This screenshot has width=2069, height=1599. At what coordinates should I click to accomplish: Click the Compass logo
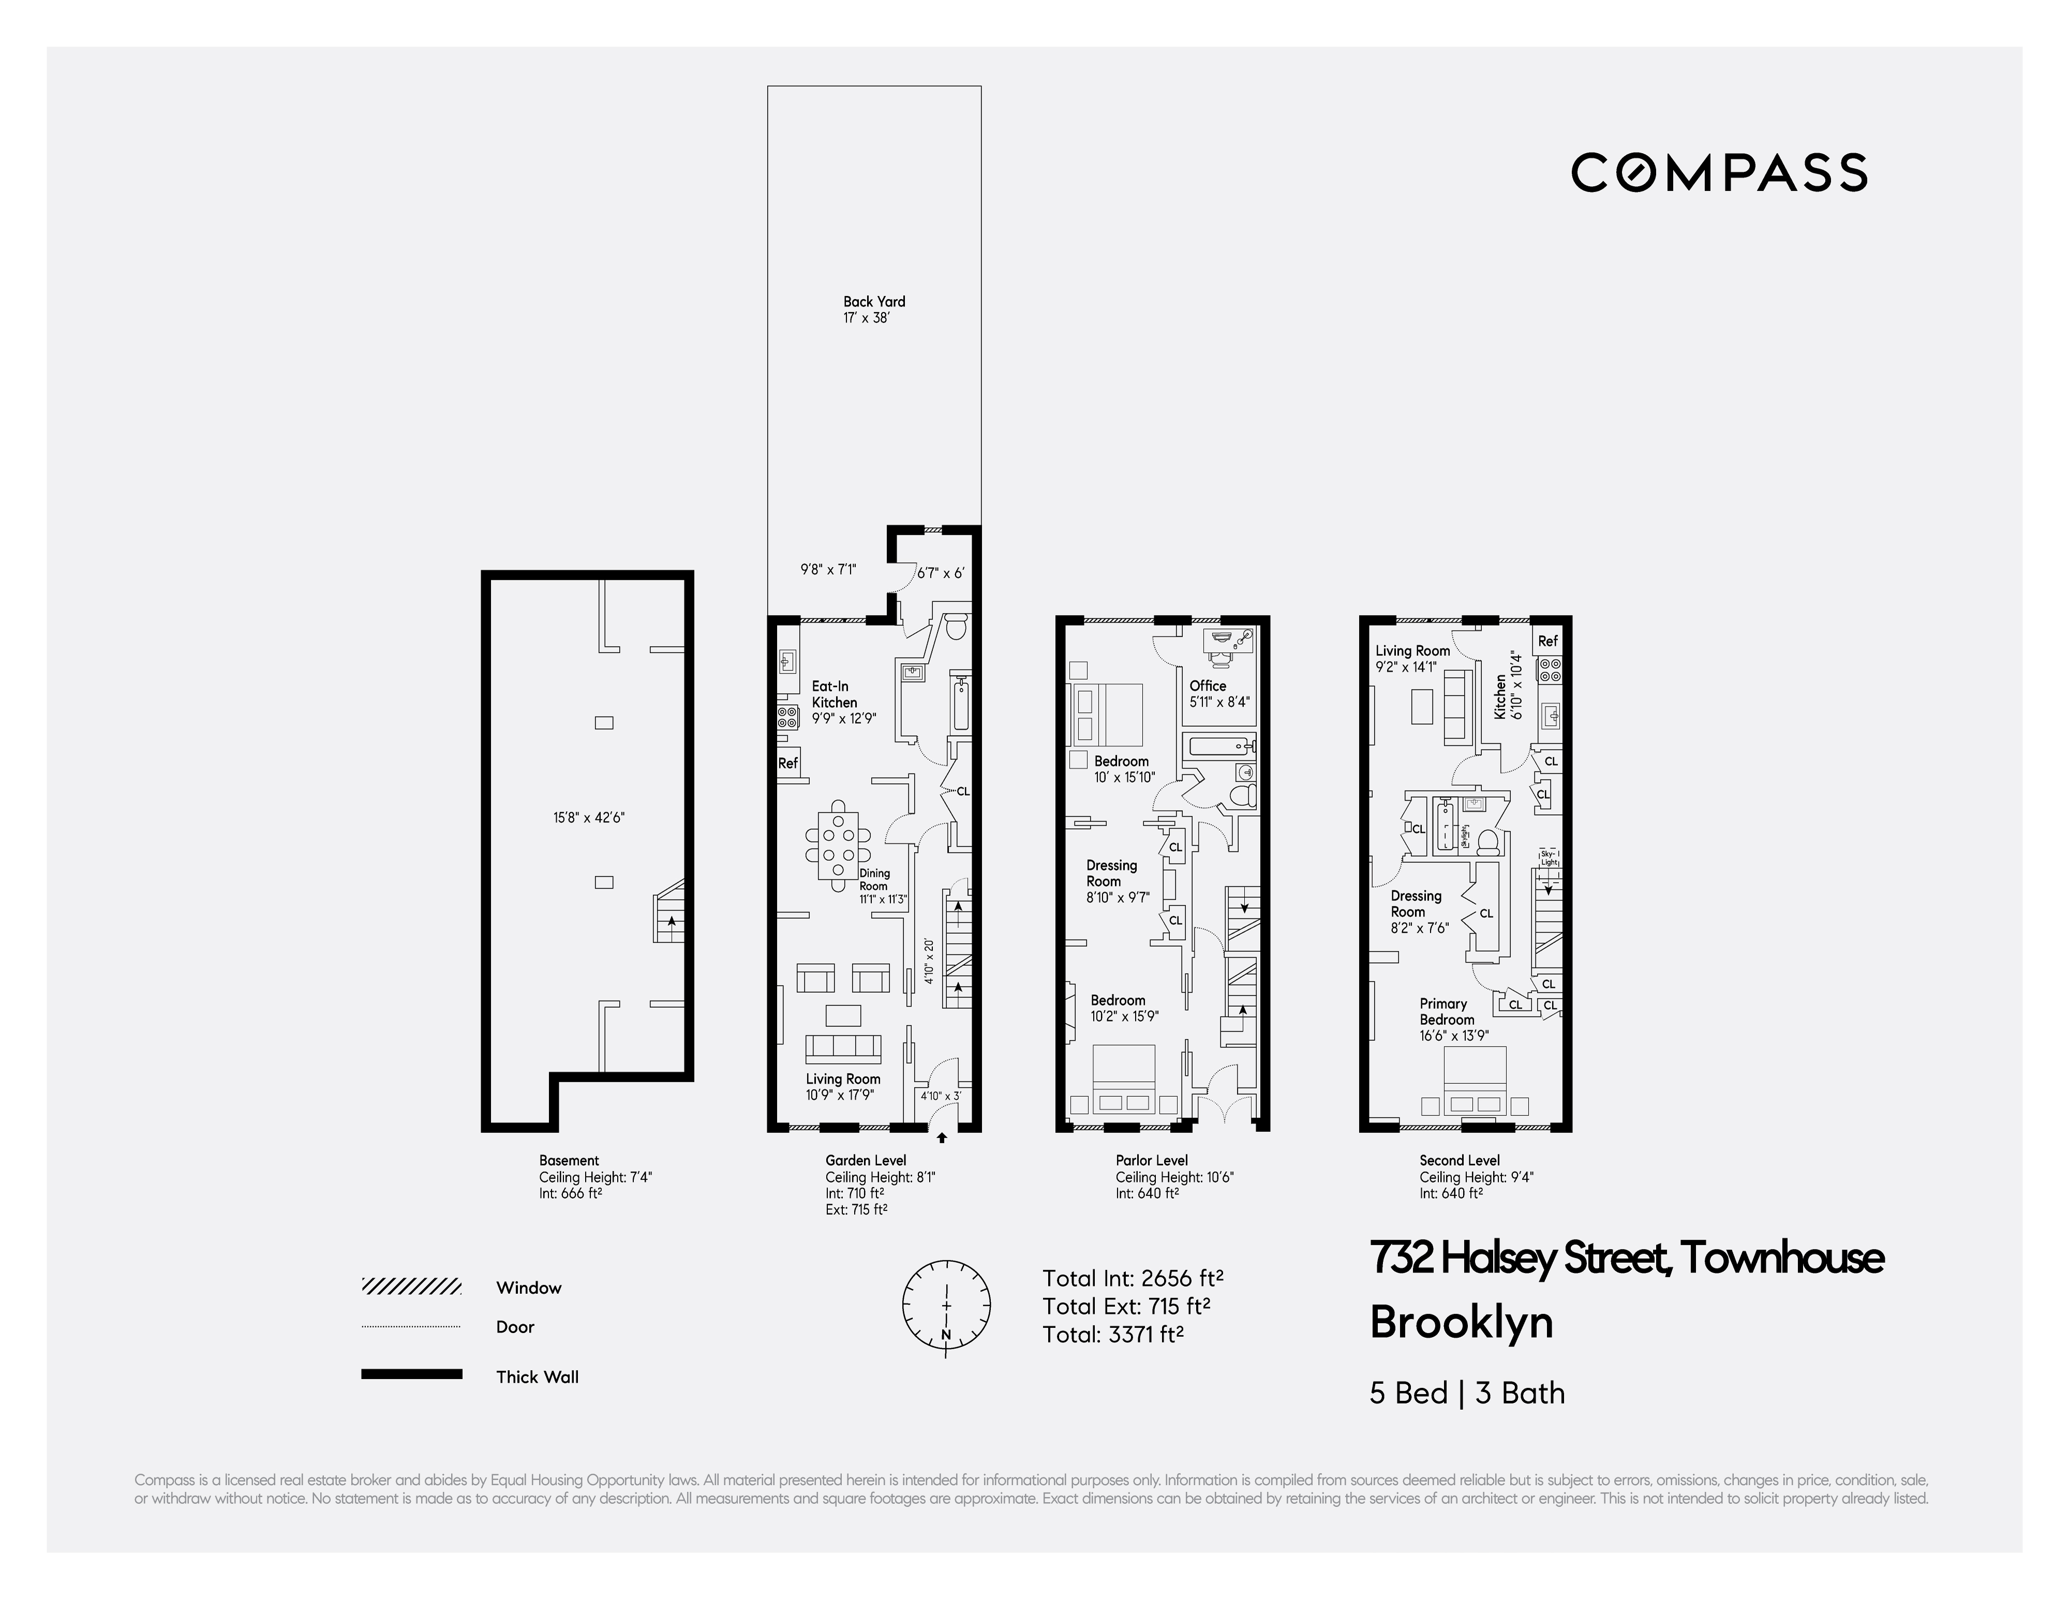pos(1719,172)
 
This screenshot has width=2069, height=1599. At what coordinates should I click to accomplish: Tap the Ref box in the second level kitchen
pos(1547,641)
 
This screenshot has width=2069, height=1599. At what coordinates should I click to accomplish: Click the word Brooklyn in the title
pos(1461,1322)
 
